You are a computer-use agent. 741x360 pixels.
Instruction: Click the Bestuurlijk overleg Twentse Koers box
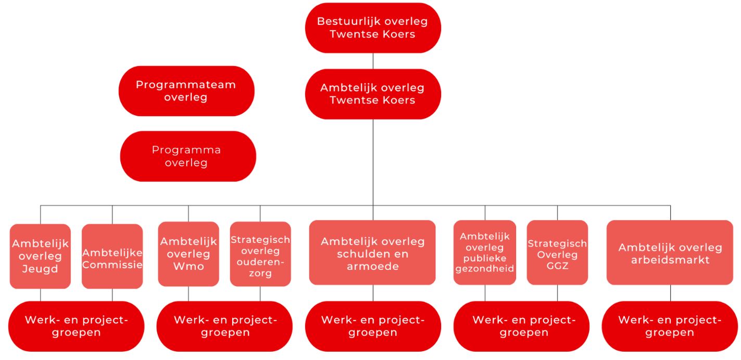coord(373,28)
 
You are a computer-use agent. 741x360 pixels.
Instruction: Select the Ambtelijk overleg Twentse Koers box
coord(373,94)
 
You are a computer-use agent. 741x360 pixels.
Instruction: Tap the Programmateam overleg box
coord(186,91)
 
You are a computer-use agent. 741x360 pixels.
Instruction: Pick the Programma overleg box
coord(187,156)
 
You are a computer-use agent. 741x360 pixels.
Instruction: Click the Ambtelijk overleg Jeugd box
coord(40,256)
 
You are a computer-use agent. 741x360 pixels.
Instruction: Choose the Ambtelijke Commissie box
coord(112,256)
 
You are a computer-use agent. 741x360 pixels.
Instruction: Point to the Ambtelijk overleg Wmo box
coord(188,254)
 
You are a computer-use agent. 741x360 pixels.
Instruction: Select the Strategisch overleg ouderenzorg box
coord(260,254)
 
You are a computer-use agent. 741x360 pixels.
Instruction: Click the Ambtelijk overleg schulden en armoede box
coord(372,253)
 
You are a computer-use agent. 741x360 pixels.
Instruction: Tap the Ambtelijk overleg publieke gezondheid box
coord(485,253)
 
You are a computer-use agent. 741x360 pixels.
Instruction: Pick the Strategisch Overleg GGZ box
coord(557,253)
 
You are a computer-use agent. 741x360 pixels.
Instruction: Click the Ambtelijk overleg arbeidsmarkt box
coord(670,253)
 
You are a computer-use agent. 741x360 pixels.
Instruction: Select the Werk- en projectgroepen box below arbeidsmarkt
coord(670,326)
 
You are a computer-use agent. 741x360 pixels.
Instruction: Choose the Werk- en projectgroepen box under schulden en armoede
coord(373,326)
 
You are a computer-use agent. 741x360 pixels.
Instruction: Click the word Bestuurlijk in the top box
coord(348,21)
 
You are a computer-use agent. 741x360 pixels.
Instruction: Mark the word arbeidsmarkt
coord(670,260)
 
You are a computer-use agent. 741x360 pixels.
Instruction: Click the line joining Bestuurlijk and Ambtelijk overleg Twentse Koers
coord(373,61)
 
